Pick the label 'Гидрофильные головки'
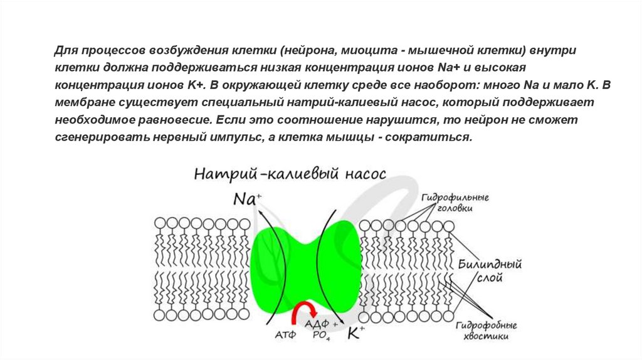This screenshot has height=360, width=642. (x=455, y=203)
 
